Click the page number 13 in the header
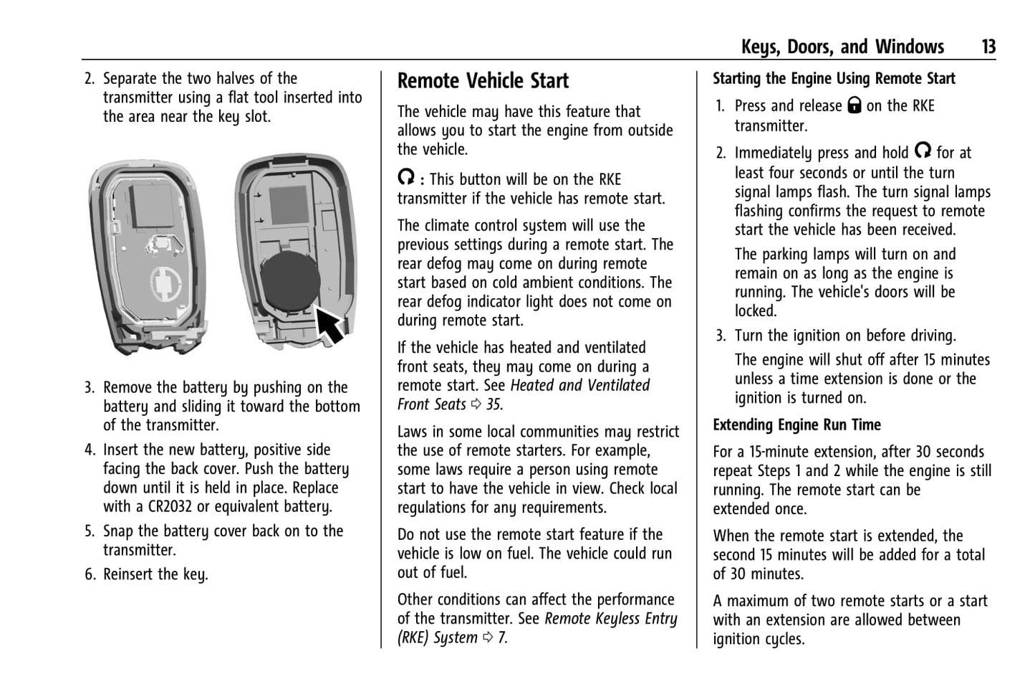pyautogui.click(x=988, y=47)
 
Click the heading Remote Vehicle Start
pyautogui.click(x=483, y=81)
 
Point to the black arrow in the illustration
pyautogui.click(x=330, y=324)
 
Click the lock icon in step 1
pyautogui.click(x=854, y=106)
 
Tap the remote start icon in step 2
pyautogui.click(x=923, y=151)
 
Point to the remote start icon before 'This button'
pyautogui.click(x=406, y=178)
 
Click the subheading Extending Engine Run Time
pyautogui.click(x=796, y=425)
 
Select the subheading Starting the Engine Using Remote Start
pyautogui.click(x=834, y=79)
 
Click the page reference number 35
pyautogui.click(x=494, y=404)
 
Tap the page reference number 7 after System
pyautogui.click(x=502, y=638)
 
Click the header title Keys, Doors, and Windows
pyautogui.click(x=842, y=47)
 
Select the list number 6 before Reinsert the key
pyautogui.click(x=89, y=575)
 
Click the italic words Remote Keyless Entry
pyautogui.click(x=610, y=619)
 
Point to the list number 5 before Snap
pyautogui.click(x=89, y=532)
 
